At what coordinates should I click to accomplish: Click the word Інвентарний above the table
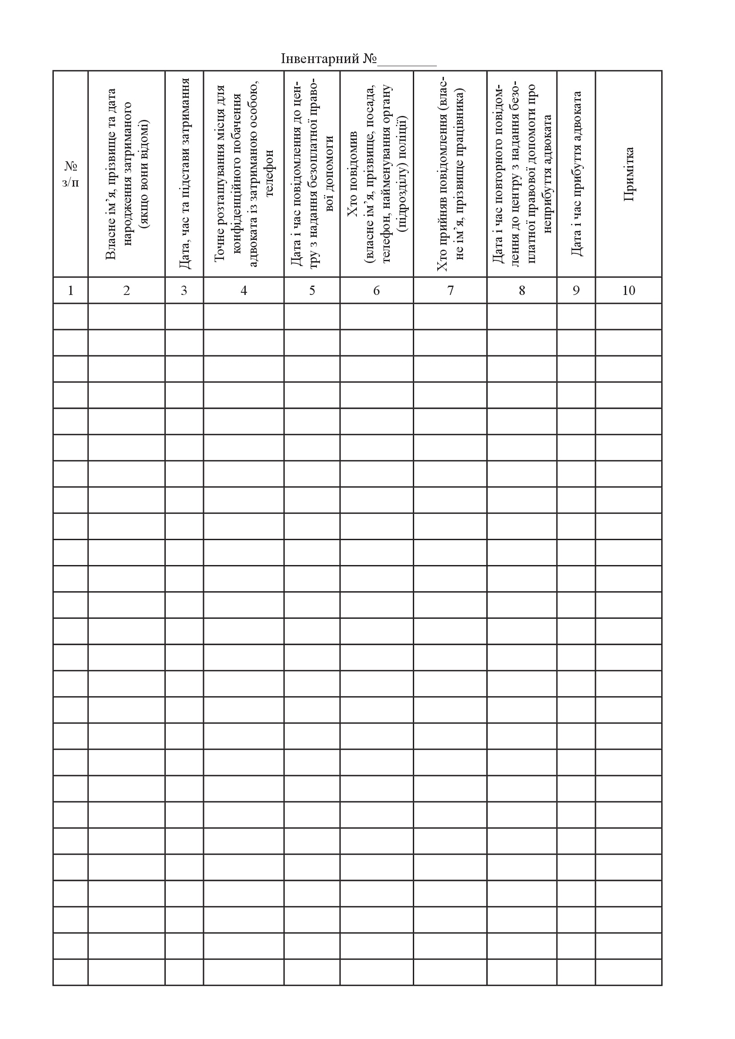coord(320,59)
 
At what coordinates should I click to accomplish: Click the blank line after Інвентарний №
coord(407,63)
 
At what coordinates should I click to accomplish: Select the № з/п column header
coord(71,174)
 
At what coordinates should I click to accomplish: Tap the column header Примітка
coord(629,174)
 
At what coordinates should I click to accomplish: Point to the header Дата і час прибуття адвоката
coord(576,174)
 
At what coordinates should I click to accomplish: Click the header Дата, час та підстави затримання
coord(184,174)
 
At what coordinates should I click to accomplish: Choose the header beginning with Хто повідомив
coord(376,174)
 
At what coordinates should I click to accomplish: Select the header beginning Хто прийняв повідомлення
coord(450,174)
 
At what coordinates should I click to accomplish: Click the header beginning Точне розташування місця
coord(244,174)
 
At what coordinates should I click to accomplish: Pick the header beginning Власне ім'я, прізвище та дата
coord(126,174)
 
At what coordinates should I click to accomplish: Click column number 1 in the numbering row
coord(71,291)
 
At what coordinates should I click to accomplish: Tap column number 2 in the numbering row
coord(126,291)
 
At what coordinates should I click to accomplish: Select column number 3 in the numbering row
coord(184,291)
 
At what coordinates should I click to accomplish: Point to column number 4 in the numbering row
coord(244,291)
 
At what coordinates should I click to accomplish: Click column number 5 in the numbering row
coord(312,291)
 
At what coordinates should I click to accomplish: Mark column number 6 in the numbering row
coord(376,291)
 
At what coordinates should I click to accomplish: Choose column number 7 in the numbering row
coord(450,291)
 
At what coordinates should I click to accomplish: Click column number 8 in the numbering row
coord(522,291)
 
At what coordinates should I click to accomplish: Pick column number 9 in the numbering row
coord(576,291)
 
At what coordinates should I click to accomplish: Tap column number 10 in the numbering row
coord(629,291)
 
